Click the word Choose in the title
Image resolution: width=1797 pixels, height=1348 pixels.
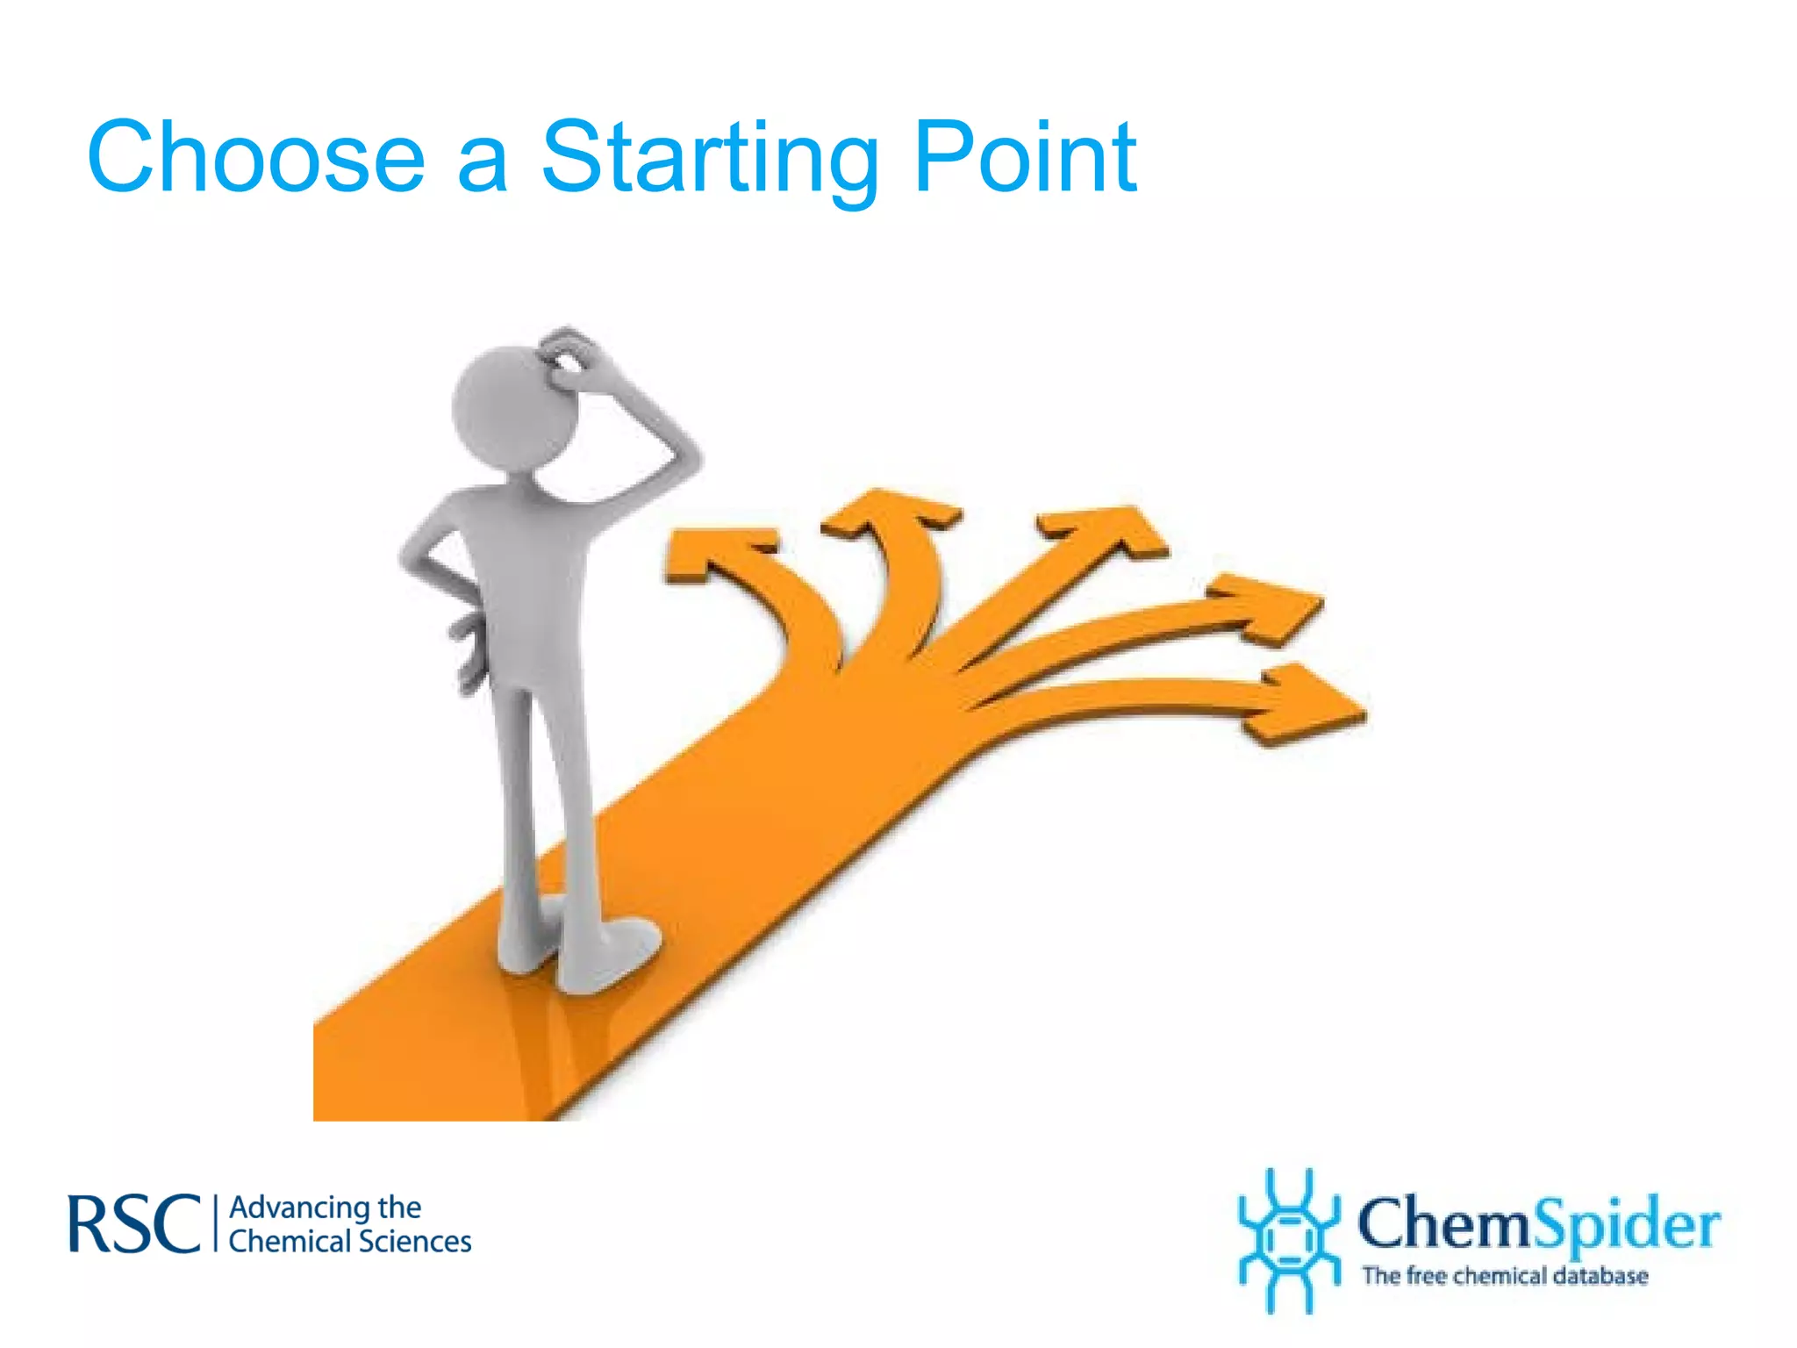(255, 158)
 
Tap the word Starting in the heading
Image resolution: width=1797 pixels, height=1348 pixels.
(710, 160)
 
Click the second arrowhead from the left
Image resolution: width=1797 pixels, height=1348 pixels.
(886, 514)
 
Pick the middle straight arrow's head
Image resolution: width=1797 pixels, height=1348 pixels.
(1110, 530)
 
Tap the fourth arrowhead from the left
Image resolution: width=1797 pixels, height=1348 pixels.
(1272, 606)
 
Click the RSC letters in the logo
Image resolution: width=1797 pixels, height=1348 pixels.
(134, 1223)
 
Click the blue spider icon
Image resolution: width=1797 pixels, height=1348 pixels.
(1288, 1239)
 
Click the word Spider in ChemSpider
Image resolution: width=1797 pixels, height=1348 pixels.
(1629, 1225)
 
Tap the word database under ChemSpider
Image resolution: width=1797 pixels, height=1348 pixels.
(1600, 1275)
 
